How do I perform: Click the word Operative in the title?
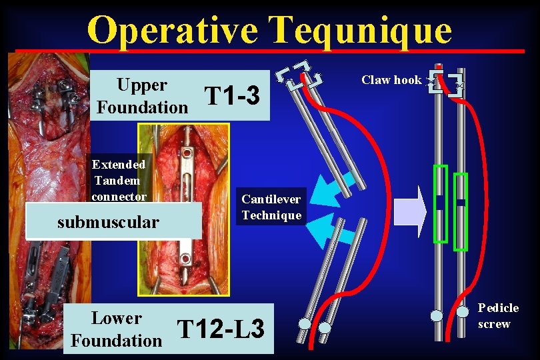pyautogui.click(x=172, y=29)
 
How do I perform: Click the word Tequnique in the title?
pyautogui.click(x=360, y=29)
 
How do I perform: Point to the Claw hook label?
pyautogui.click(x=391, y=80)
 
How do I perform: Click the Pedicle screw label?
pyautogui.click(x=498, y=316)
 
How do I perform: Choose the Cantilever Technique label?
pyautogui.click(x=271, y=207)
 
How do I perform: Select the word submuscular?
pyautogui.click(x=108, y=222)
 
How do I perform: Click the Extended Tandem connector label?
pyautogui.click(x=118, y=180)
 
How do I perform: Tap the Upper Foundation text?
pyautogui.click(x=142, y=95)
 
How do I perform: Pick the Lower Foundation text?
pyautogui.click(x=116, y=329)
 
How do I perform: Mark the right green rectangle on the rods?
pyautogui.click(x=461, y=211)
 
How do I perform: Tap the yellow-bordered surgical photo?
pyautogui.click(x=183, y=209)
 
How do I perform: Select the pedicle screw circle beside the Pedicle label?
pyautogui.click(x=465, y=311)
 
